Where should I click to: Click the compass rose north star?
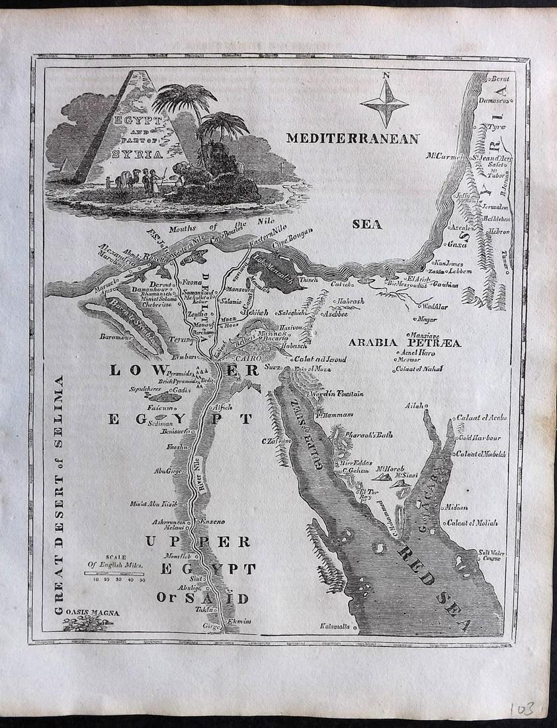(384, 102)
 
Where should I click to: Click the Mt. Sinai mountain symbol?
(399, 485)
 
